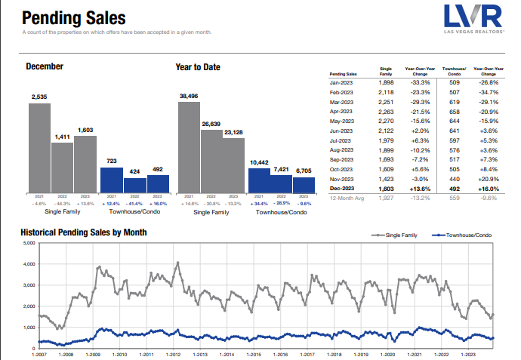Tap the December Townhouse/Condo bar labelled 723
[x=111, y=179]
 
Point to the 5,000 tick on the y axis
[x=29, y=243]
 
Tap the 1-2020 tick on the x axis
[x=388, y=353]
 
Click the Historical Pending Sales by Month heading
[x=83, y=232]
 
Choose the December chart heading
[x=45, y=66]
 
